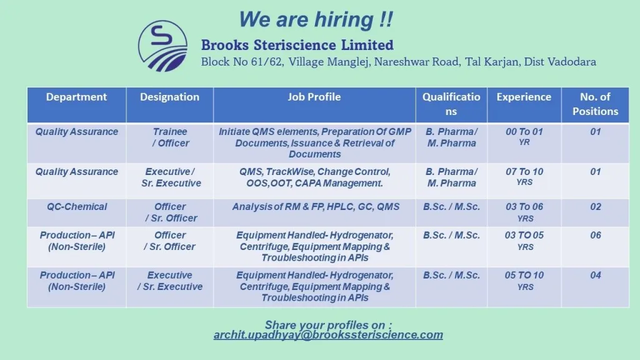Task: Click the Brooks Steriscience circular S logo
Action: [x=162, y=46]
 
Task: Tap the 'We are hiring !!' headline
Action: [x=316, y=19]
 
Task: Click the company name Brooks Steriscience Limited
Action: [x=297, y=45]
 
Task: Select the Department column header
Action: [x=76, y=97]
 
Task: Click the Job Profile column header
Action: [x=314, y=97]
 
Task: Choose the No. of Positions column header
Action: [x=595, y=104]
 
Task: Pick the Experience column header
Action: [x=524, y=97]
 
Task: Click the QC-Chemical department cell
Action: [x=77, y=206]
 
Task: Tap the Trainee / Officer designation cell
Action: [x=170, y=137]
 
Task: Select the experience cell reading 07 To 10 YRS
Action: [x=524, y=176]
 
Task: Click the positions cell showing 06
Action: [x=596, y=235]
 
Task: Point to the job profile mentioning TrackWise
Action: [x=315, y=177]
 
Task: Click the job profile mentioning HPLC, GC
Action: [x=316, y=206]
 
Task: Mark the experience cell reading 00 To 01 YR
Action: [x=524, y=136]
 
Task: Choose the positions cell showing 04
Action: [x=596, y=275]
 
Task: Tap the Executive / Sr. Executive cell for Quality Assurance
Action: [x=171, y=177]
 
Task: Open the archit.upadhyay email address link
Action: [x=328, y=335]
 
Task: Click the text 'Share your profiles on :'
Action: [x=328, y=325]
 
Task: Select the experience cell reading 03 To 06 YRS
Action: [x=524, y=212]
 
